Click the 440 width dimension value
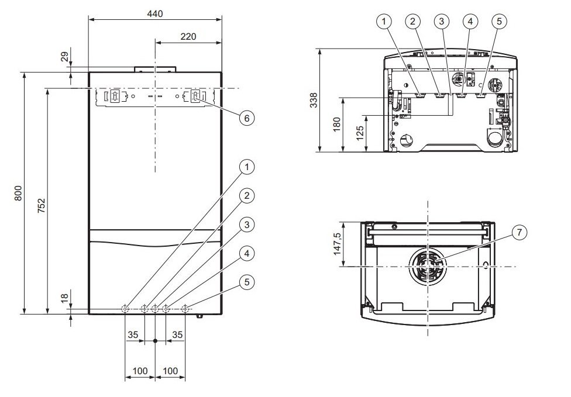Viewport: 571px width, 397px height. [x=155, y=14]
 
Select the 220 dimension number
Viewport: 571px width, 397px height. [x=188, y=36]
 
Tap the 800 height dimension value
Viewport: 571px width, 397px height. [x=18, y=193]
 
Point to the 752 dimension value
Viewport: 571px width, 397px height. [x=42, y=205]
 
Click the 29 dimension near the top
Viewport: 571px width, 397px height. [x=64, y=57]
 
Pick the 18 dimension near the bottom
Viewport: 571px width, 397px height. [x=64, y=298]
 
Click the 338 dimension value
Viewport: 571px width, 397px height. [x=314, y=100]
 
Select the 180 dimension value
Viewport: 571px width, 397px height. [x=337, y=124]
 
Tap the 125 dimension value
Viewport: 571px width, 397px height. [x=360, y=133]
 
